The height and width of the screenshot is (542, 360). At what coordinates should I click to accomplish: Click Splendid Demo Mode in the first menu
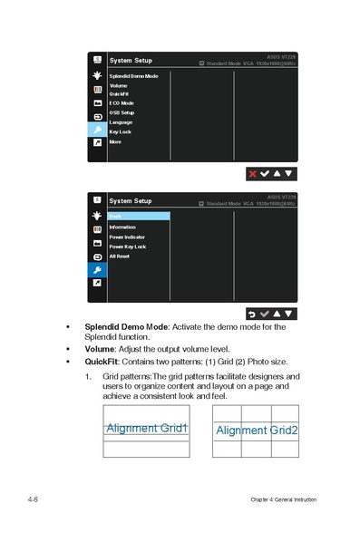click(133, 76)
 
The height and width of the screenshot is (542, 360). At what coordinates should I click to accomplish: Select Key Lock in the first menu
click(120, 132)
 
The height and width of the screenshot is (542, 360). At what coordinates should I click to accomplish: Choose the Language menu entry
click(121, 122)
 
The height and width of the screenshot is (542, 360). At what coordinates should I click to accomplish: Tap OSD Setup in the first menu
click(122, 113)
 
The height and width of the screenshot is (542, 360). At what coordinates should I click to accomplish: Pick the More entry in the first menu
click(115, 142)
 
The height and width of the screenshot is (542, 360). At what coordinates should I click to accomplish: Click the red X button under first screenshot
click(251, 172)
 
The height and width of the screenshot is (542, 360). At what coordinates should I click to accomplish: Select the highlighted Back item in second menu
click(138, 216)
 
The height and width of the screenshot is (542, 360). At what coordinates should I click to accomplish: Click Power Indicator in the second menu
click(127, 237)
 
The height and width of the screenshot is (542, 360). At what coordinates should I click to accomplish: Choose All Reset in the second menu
click(120, 256)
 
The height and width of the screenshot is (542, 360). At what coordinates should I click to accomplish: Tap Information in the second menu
click(122, 227)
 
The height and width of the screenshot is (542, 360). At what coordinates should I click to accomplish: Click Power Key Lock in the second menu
click(128, 247)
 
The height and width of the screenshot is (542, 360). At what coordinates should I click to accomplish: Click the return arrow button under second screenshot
click(251, 313)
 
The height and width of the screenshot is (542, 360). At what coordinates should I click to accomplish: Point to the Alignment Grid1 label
click(147, 428)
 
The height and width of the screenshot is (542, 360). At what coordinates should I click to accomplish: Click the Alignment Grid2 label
click(257, 430)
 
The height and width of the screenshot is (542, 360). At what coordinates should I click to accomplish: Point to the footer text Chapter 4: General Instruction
click(284, 500)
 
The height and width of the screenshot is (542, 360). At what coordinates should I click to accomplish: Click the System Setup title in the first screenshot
click(131, 61)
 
